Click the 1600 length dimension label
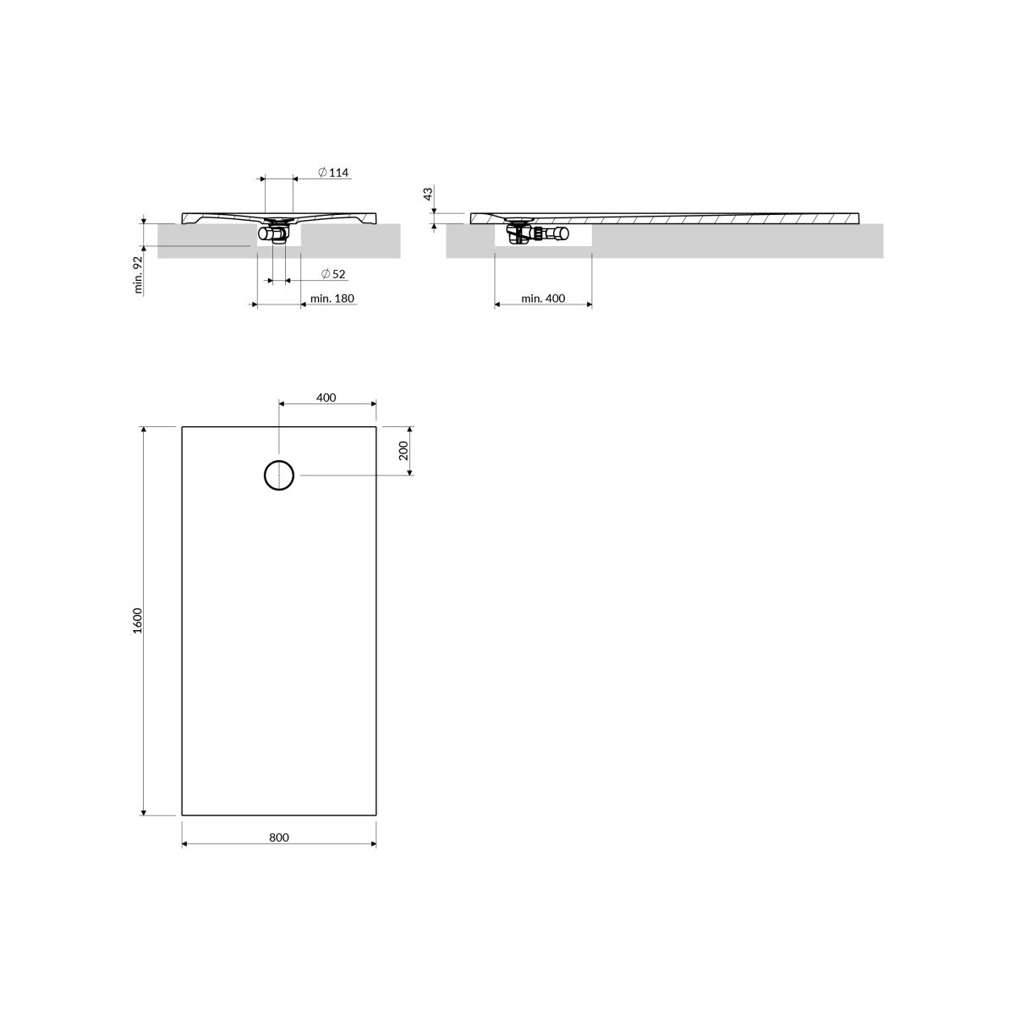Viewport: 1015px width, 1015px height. [138, 621]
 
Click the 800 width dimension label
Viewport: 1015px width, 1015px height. [278, 837]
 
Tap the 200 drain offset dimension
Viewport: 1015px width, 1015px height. [403, 450]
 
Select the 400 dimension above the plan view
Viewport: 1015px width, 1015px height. [326, 398]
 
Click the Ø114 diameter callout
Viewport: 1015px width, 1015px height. [333, 173]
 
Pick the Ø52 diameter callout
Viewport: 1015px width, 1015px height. [333, 274]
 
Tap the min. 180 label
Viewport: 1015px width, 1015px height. [332, 298]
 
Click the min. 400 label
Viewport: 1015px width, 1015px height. [543, 298]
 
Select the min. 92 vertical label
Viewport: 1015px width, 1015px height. [139, 274]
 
